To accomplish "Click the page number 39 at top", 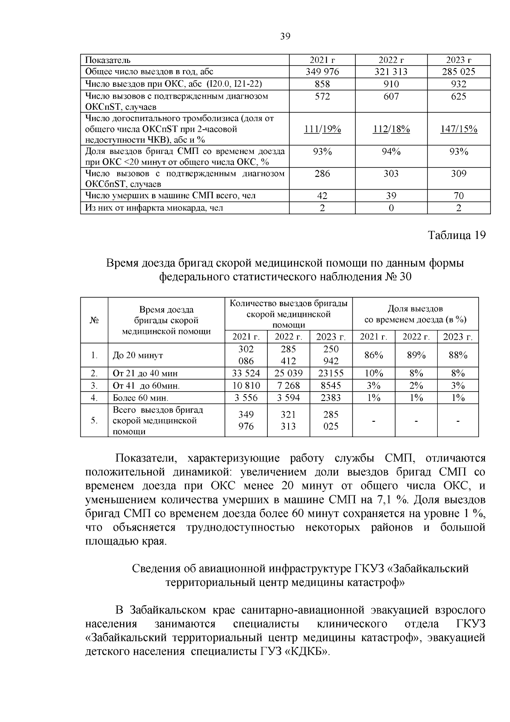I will [285, 37].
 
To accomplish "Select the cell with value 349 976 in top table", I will [322, 72].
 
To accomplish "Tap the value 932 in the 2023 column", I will [459, 84].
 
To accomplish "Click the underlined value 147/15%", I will [459, 129].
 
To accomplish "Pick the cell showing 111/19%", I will [322, 129].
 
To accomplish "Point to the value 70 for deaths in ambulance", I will [459, 196].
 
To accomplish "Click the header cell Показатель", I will [108, 60].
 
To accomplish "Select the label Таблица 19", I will [456, 235].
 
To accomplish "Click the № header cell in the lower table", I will [94, 320].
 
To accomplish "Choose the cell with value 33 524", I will [246, 373].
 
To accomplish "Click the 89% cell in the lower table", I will [416, 355].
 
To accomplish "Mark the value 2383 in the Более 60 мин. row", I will [331, 398].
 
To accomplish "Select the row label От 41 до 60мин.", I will [146, 386].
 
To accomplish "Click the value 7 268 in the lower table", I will [288, 386].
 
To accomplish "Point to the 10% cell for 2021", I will [374, 373].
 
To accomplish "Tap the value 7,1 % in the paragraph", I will [389, 500].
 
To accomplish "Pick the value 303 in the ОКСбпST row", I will [391, 173].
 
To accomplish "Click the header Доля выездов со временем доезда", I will [415, 314].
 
